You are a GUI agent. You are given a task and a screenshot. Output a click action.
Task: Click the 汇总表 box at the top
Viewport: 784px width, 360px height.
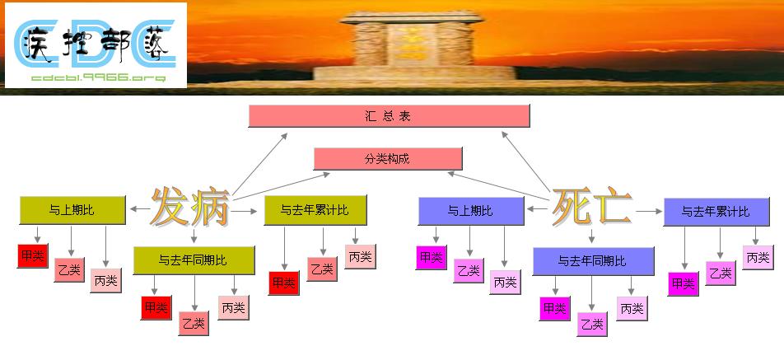389,116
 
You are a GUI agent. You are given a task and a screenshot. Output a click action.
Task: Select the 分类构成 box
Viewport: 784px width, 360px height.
388,158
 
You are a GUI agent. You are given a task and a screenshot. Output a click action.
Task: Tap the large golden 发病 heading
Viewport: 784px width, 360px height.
189,208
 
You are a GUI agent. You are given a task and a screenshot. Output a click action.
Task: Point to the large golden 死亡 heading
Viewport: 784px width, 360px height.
591,207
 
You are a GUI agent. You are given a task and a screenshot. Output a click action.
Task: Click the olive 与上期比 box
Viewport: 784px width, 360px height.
72,211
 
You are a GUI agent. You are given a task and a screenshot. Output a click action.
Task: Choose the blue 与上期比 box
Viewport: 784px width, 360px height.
470,211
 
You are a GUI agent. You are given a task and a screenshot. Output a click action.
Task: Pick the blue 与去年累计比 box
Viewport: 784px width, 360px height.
715,212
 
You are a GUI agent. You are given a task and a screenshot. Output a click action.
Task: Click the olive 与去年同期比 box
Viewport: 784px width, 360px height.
194,260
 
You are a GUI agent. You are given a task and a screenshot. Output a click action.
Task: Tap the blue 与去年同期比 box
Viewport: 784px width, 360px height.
593,261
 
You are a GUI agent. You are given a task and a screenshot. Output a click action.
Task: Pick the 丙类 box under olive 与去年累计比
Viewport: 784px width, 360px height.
360,256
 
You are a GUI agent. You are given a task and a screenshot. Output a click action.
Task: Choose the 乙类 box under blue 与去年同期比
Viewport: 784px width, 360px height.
592,324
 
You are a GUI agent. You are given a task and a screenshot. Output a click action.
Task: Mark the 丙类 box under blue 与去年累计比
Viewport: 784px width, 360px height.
758,257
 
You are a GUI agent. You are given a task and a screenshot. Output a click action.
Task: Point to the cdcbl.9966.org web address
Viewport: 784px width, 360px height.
97,77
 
